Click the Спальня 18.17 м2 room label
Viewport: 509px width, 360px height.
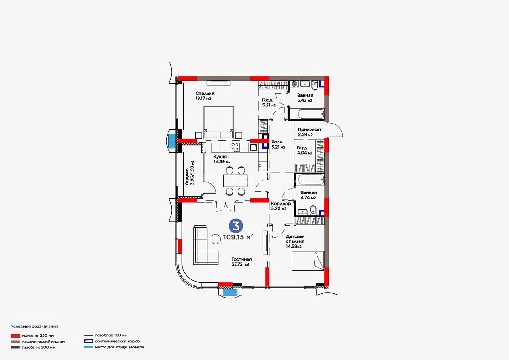click(205, 96)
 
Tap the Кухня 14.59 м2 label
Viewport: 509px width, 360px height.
click(222, 159)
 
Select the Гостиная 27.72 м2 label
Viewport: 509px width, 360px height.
click(242, 262)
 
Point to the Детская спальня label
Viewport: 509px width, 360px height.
click(295, 241)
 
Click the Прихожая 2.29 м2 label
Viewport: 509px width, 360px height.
click(309, 132)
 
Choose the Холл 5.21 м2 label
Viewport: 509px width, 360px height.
click(278, 144)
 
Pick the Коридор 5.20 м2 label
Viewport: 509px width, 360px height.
click(281, 206)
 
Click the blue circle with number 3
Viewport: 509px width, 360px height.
click(236, 226)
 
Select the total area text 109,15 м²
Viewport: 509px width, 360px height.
click(238, 237)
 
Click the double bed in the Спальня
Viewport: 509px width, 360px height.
click(218, 123)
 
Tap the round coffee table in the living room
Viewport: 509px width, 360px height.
click(216, 239)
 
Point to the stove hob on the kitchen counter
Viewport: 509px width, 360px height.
click(235, 147)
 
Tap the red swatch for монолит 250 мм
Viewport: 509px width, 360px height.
click(16, 335)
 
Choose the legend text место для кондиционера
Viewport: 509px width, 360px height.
click(119, 347)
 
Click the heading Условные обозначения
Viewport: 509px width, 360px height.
click(34, 326)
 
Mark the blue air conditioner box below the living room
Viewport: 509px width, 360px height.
click(230, 292)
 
